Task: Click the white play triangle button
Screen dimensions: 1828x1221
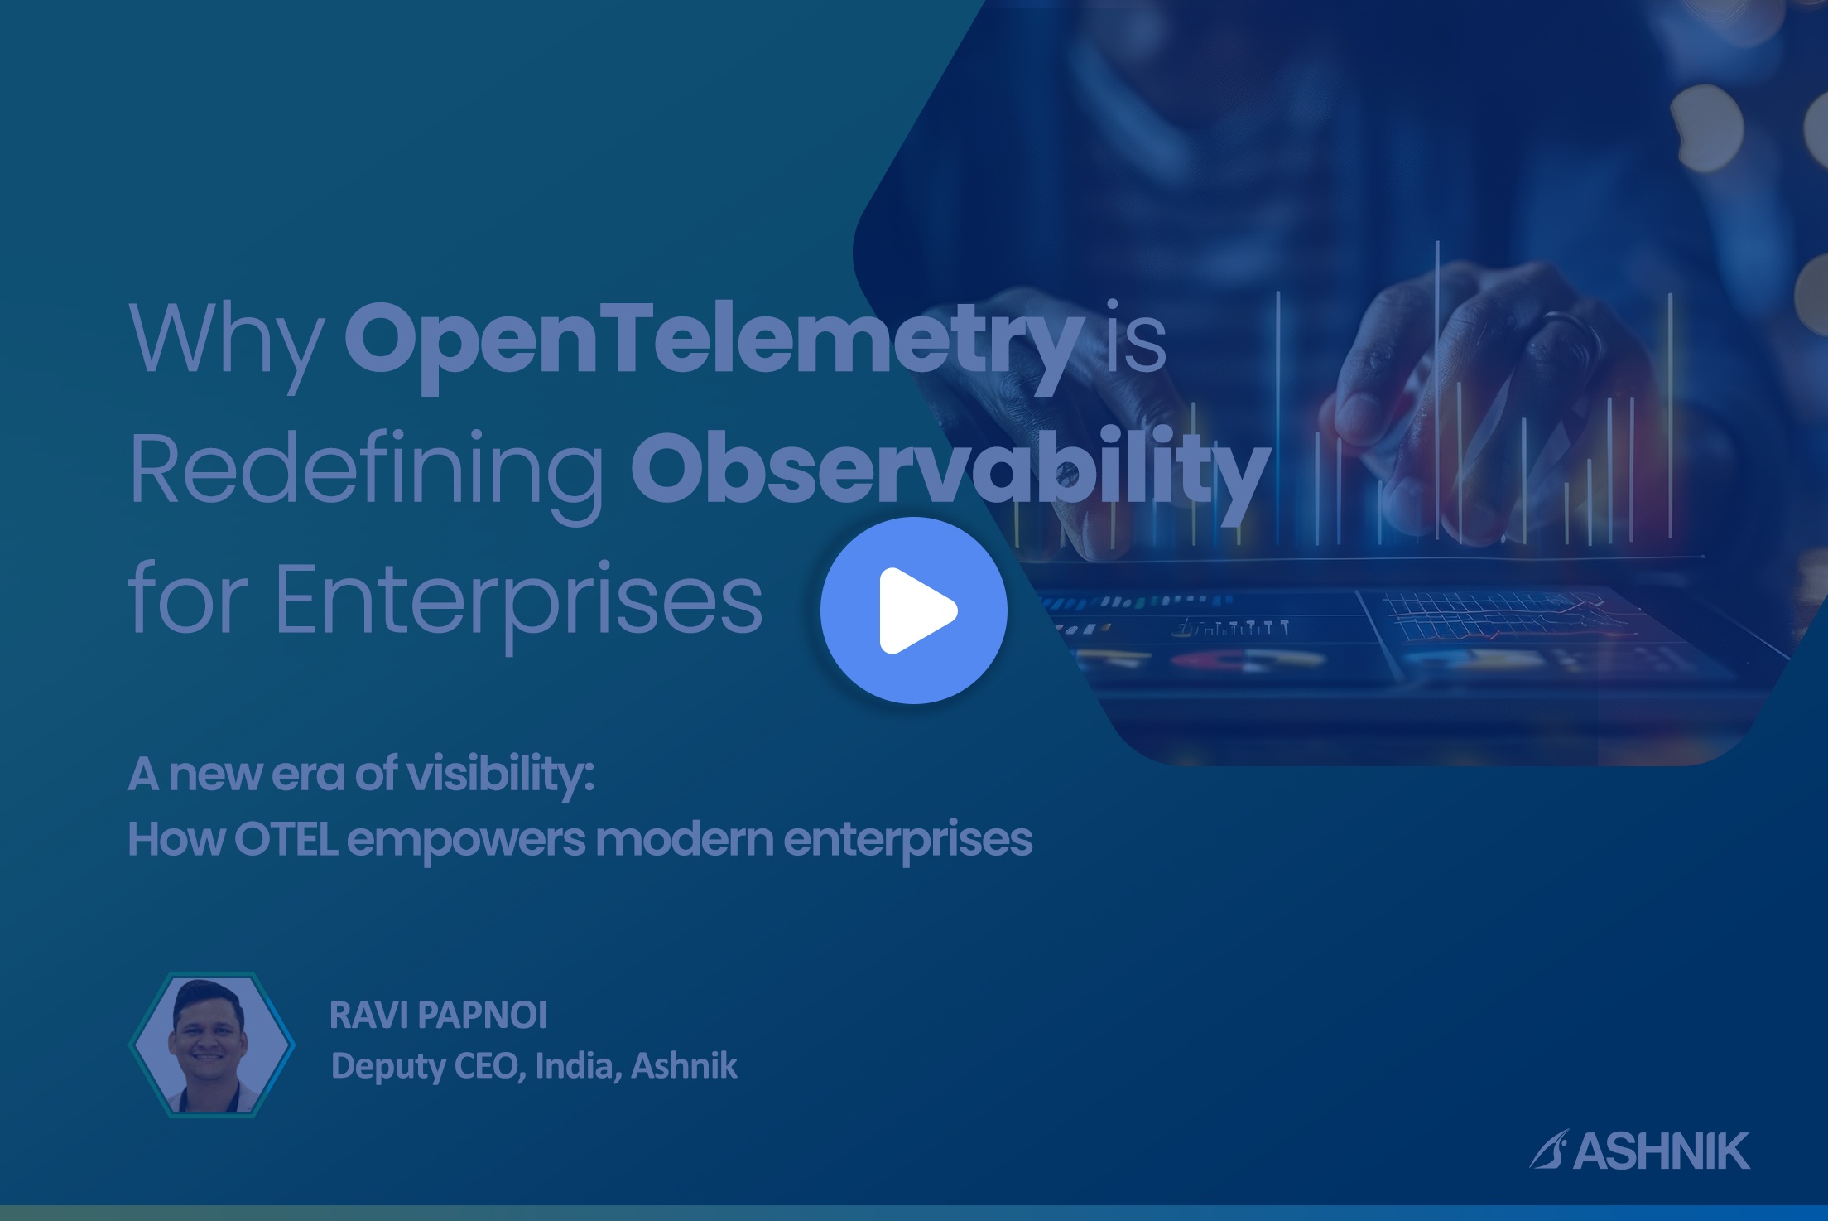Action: [x=914, y=610]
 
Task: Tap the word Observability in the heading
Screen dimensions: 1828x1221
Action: [x=950, y=468]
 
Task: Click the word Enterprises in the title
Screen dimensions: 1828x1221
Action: [x=518, y=601]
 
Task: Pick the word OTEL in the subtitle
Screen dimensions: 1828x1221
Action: [x=286, y=839]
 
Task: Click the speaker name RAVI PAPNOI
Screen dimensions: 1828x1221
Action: [x=438, y=1016]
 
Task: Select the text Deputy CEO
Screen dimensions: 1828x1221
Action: [x=429, y=1065]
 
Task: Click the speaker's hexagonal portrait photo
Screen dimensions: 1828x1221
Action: [x=212, y=1045]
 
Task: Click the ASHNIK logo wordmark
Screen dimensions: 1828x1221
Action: [x=1661, y=1151]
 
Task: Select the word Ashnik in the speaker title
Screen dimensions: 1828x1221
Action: [x=684, y=1065]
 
